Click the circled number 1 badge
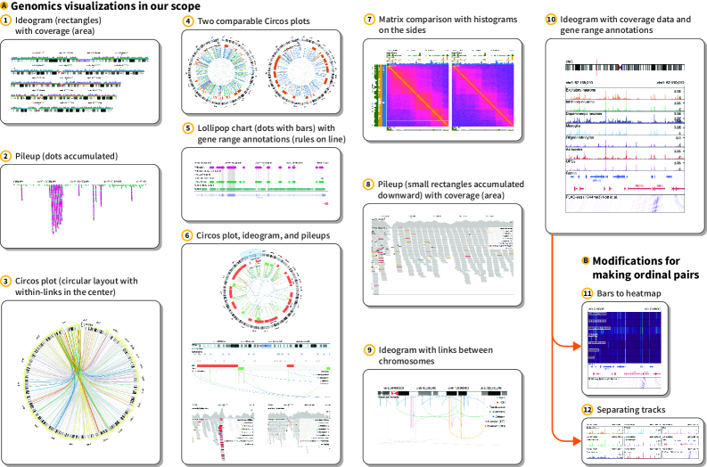click(x=6, y=20)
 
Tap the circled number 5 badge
click(x=188, y=128)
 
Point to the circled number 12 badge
click(x=587, y=409)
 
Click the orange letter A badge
click(x=4, y=5)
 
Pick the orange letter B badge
click(x=586, y=260)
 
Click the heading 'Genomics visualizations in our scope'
click(x=79, y=5)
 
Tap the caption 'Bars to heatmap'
click(x=629, y=292)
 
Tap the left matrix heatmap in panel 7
click(x=415, y=94)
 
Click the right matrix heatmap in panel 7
click(x=482, y=94)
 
